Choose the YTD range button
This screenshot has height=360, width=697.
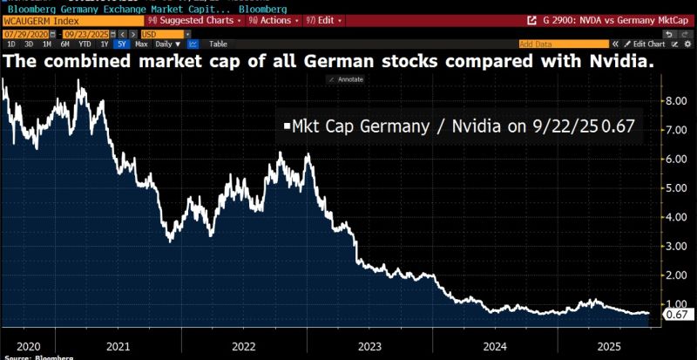85,43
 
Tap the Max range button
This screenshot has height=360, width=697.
140,43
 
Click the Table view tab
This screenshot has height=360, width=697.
218,43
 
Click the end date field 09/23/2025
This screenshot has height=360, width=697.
84,32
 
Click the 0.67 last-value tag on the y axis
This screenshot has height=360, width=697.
678,314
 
